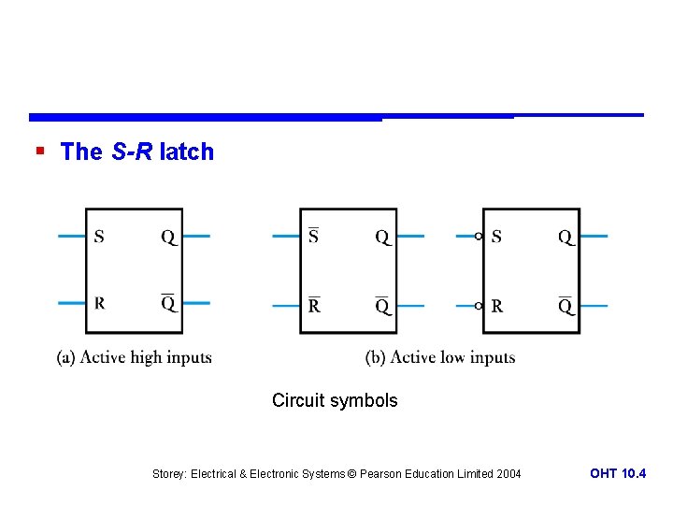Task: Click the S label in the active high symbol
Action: (98, 237)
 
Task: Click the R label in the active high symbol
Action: (99, 303)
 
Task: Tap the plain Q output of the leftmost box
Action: (167, 238)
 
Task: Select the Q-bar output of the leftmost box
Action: (167, 303)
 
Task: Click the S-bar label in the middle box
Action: (313, 237)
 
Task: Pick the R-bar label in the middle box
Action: (314, 305)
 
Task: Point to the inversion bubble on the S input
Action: (478, 237)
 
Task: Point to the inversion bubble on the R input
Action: (478, 306)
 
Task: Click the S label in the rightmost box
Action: (496, 237)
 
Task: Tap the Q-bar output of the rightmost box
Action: (566, 306)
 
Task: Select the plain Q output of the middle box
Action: (382, 238)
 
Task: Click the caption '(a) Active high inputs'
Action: (135, 357)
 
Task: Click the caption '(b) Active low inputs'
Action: (440, 357)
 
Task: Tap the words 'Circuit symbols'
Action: (335, 401)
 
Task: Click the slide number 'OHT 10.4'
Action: (618, 474)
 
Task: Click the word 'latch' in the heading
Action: (187, 151)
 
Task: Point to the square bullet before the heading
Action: (38, 151)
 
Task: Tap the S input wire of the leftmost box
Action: (71, 237)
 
